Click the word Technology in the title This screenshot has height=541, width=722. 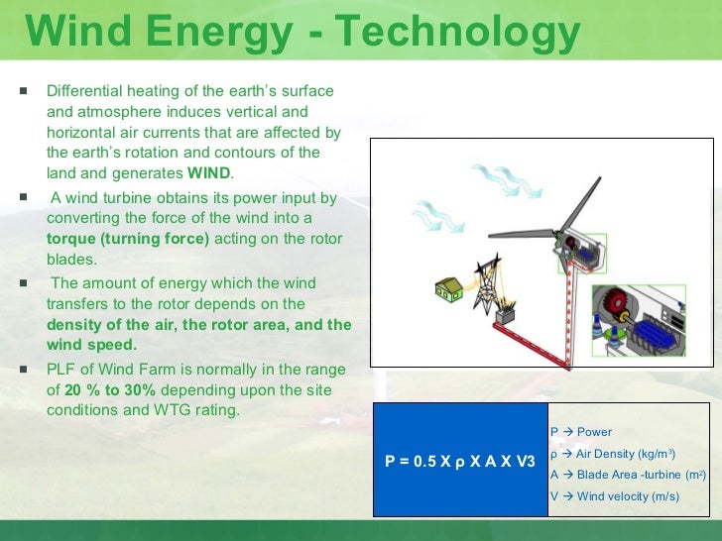(457, 32)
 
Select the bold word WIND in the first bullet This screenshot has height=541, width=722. (208, 173)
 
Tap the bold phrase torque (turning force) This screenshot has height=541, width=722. (128, 239)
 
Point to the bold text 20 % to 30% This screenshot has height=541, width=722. (110, 390)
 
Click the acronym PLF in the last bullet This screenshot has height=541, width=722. (61, 370)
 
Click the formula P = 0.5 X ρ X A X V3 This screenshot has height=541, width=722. (460, 461)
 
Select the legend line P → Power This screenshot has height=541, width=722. (581, 432)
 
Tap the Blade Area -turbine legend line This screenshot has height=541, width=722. (628, 475)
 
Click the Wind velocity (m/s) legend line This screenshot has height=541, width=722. (615, 496)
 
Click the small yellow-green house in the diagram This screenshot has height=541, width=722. (449, 289)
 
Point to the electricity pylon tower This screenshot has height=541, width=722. (488, 284)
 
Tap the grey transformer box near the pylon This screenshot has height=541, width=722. (505, 316)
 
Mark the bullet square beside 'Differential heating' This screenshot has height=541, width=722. (24, 90)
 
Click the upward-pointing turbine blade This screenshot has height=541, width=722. (579, 205)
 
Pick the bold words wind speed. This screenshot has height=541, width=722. (91, 345)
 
